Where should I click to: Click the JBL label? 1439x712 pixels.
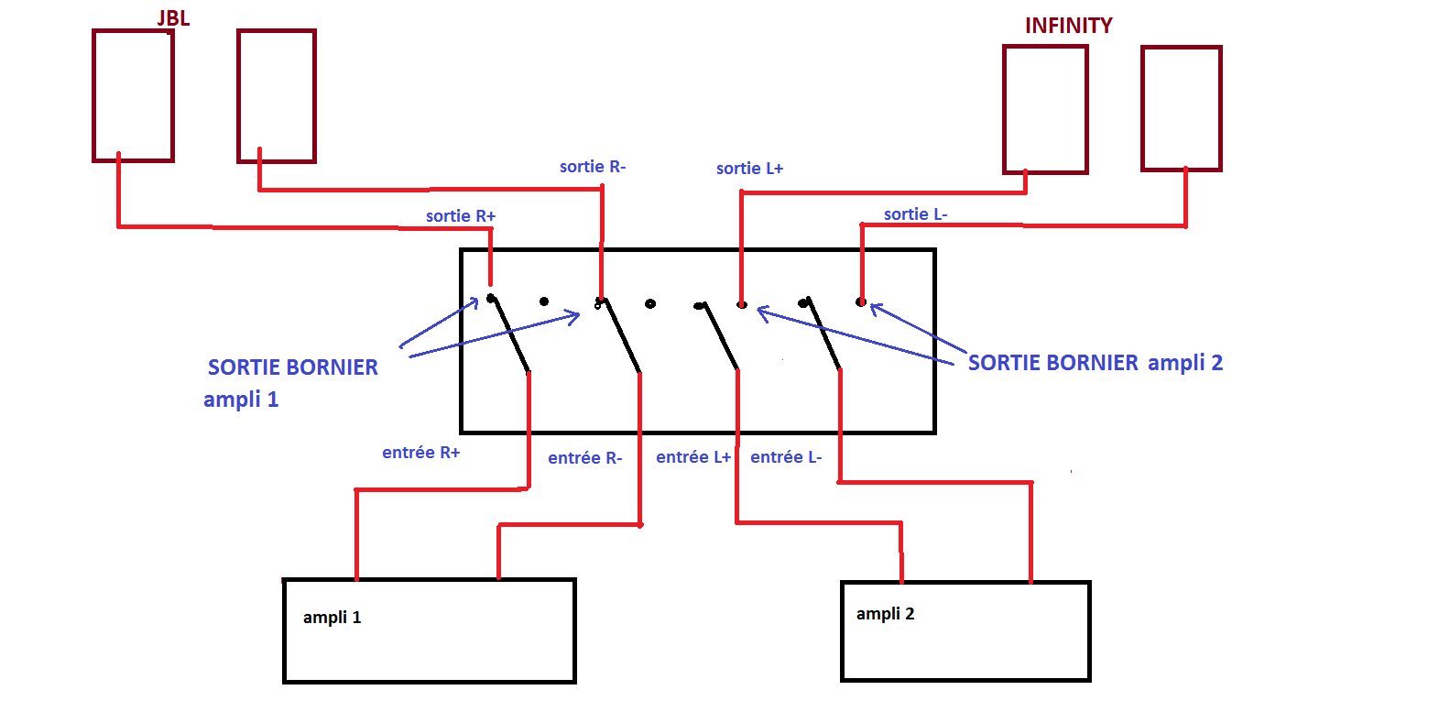tap(173, 18)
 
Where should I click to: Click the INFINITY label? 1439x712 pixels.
tap(1068, 26)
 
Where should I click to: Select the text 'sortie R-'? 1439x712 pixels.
tap(593, 167)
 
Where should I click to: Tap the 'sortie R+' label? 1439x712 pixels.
tap(461, 216)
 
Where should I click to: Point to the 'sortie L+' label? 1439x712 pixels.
tap(749, 169)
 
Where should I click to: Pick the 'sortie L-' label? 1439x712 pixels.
tap(915, 214)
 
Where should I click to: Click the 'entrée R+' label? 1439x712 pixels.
tap(421, 453)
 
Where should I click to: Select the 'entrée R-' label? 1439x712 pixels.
tap(584, 458)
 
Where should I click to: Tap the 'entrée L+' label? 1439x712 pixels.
tap(693, 457)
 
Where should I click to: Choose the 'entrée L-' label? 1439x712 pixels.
tap(786, 457)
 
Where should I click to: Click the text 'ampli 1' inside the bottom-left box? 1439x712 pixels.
tap(332, 618)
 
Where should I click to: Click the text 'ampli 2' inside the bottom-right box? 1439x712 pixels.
tap(885, 614)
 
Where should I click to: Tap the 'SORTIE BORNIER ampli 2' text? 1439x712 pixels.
tap(1095, 363)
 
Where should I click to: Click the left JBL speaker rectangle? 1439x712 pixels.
tap(133, 95)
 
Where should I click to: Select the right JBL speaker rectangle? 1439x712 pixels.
tap(276, 96)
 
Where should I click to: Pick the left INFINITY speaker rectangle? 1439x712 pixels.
tap(1045, 109)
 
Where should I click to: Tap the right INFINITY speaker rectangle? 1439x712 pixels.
tap(1181, 108)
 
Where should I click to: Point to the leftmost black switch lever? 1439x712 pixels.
tap(510, 334)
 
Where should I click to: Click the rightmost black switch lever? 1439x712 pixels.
tap(823, 334)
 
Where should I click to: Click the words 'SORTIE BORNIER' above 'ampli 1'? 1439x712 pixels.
tap(292, 367)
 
